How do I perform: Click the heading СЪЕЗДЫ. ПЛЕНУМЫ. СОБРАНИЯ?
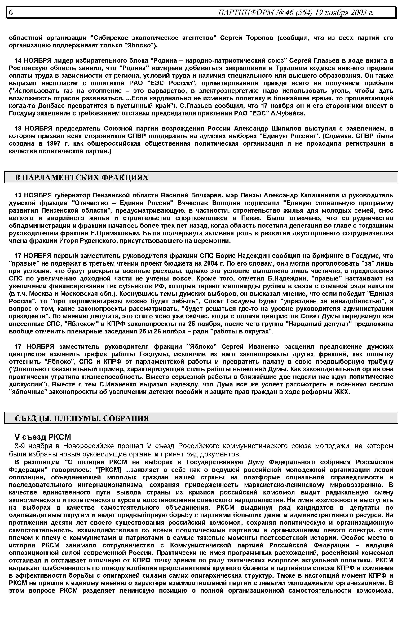tap(82, 418)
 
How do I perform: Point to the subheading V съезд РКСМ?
tap(43, 437)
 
